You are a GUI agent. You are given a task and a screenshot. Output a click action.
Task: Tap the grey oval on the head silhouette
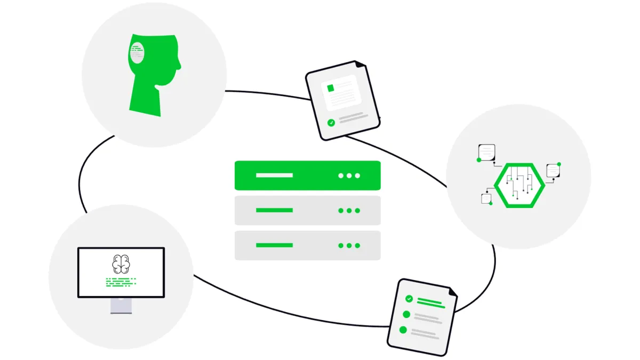click(137, 53)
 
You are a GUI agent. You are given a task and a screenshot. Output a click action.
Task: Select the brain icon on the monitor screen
click(121, 263)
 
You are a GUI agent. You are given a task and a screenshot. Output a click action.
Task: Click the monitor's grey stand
click(121, 305)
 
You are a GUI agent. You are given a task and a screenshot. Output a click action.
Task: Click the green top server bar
click(307, 175)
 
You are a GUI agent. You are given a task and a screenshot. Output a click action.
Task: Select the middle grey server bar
click(307, 210)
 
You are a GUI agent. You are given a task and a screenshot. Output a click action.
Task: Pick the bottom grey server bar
click(307, 245)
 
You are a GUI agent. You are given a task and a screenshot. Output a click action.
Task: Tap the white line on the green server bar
click(274, 175)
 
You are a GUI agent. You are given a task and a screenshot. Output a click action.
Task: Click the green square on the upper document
click(331, 88)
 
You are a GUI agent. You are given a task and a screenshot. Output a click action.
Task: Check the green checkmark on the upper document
click(331, 123)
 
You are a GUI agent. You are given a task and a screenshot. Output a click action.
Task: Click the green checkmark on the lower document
click(409, 299)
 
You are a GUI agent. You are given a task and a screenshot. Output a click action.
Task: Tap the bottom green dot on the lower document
click(403, 330)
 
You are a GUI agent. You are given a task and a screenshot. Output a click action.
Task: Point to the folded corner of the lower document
click(452, 293)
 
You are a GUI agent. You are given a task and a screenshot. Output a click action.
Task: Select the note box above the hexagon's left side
click(487, 151)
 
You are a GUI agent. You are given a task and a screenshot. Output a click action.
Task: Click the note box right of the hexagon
click(553, 171)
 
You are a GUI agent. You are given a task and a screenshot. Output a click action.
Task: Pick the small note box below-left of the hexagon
click(486, 198)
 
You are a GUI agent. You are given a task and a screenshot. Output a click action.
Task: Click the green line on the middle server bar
click(274, 210)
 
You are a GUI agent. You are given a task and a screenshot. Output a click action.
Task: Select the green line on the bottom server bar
click(274, 245)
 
